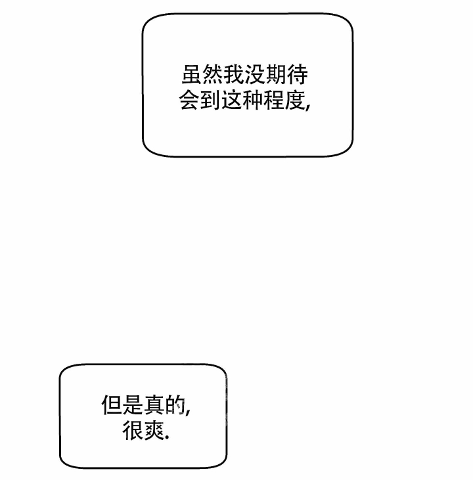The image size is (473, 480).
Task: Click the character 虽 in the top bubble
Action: click(x=192, y=74)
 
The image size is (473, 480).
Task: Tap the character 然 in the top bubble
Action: click(x=214, y=74)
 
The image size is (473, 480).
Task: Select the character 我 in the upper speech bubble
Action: click(x=235, y=74)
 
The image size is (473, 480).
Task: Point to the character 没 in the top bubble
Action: click(x=255, y=74)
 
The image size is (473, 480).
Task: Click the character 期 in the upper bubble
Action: click(x=277, y=74)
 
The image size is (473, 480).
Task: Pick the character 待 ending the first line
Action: click(x=298, y=74)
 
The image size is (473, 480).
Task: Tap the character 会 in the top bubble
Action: click(x=189, y=100)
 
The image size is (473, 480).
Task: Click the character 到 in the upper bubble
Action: click(x=210, y=100)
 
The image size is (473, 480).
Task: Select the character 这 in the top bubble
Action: click(x=232, y=100)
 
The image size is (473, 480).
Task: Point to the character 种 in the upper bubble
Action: click(x=253, y=100)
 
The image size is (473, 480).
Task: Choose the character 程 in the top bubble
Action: click(x=273, y=100)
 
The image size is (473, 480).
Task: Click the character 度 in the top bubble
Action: click(x=295, y=100)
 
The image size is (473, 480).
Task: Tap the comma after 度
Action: click(x=308, y=106)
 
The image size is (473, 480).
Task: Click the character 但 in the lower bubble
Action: click(x=112, y=405)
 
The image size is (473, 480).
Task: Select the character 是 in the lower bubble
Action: click(x=133, y=405)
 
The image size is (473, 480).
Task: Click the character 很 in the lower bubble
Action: click(x=133, y=430)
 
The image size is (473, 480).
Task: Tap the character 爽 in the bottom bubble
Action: click(x=154, y=430)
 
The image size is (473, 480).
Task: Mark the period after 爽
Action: click(x=168, y=438)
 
